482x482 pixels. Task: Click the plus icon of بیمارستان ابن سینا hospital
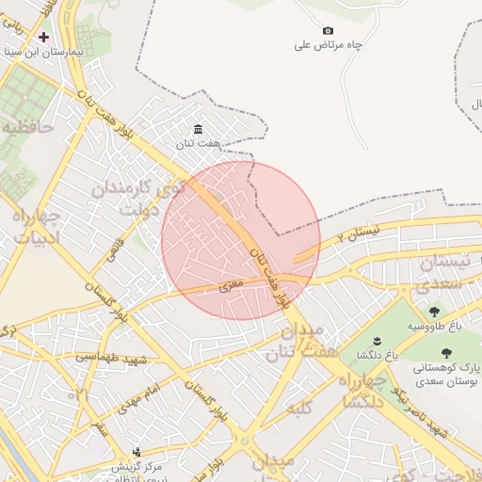[x=43, y=37]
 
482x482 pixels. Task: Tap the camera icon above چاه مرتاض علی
[x=328, y=30]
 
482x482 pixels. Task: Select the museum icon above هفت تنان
[x=198, y=129]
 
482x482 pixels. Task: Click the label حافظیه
[x=26, y=125]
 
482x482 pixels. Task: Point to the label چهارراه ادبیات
[x=36, y=227]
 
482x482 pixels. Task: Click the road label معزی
[x=232, y=282]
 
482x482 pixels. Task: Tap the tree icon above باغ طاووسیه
[x=434, y=312]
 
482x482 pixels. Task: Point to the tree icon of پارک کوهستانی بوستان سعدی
[x=446, y=353]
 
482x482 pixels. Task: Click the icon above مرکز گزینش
[x=137, y=452]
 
